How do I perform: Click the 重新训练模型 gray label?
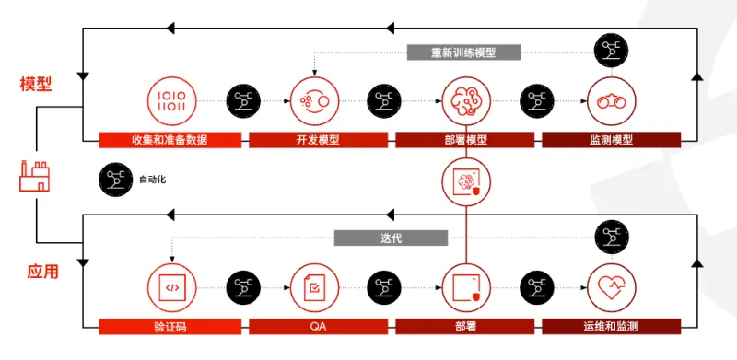coord(463,52)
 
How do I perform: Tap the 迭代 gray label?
coord(390,238)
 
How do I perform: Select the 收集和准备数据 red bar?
coord(170,140)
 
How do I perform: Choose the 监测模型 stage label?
coord(611,140)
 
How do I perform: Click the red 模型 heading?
coord(36,84)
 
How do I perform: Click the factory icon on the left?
coord(34,176)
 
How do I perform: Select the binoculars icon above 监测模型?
coord(611,100)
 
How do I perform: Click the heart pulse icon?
coord(611,287)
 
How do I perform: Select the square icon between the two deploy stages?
coord(464,180)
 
